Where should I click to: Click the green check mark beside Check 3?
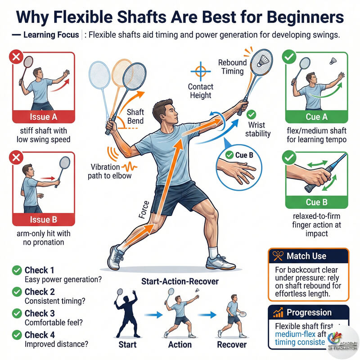(17, 314)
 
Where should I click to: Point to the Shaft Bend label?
(135, 117)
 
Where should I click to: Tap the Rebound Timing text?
(232, 67)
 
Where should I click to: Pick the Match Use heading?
(306, 256)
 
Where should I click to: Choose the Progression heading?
(309, 313)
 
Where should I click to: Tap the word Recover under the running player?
(231, 345)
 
